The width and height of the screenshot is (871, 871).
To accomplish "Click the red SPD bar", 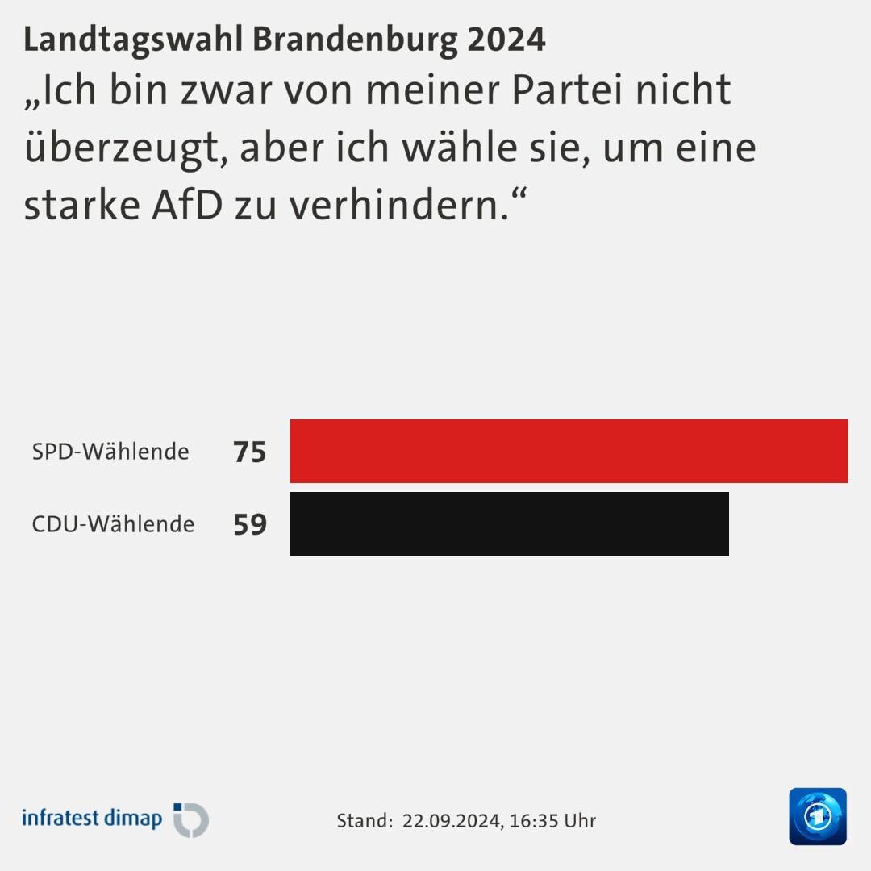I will click(569, 451).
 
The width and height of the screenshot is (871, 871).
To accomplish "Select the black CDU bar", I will click(509, 523).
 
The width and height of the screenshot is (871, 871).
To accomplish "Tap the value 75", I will click(249, 452).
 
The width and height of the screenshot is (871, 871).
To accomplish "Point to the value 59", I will click(249, 524).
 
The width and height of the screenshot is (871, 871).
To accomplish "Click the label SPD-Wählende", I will click(110, 452).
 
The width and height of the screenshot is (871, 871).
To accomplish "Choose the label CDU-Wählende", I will click(113, 524).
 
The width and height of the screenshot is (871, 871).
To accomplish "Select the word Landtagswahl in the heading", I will click(134, 40).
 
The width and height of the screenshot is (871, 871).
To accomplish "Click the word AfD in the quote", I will click(188, 206).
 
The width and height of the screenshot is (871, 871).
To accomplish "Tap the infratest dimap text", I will click(92, 818).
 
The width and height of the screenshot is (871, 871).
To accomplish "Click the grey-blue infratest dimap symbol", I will click(192, 820).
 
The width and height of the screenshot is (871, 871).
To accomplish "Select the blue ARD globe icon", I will click(818, 816).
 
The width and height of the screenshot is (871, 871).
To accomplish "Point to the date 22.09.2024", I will click(450, 821).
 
